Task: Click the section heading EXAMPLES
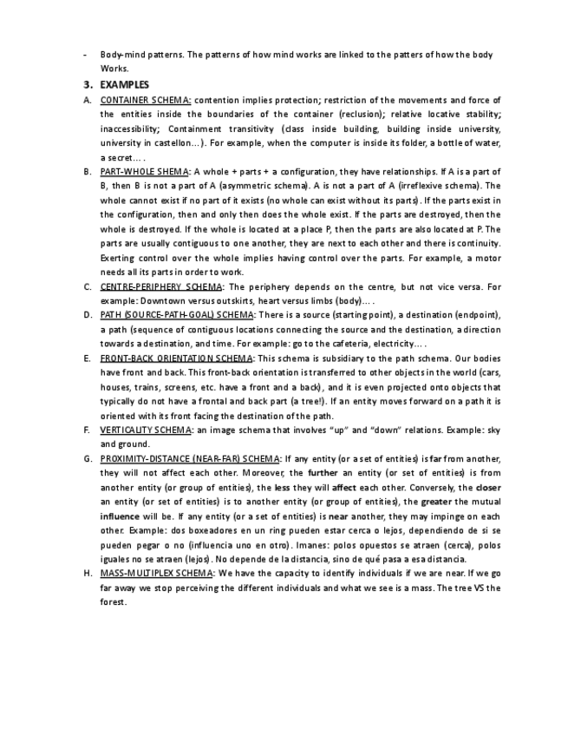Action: pyautogui.click(x=125, y=84)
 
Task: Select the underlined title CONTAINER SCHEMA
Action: pyautogui.click(x=146, y=100)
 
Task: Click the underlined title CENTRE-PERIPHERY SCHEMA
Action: pyautogui.click(x=161, y=286)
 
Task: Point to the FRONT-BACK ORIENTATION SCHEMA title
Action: pyautogui.click(x=177, y=358)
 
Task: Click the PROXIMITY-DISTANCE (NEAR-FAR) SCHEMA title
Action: pyautogui.click(x=190, y=458)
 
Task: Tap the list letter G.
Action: pyautogui.click(x=88, y=458)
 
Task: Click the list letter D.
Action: pyautogui.click(x=88, y=314)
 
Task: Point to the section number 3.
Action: pyautogui.click(x=88, y=84)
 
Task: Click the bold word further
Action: pyautogui.click(x=323, y=473)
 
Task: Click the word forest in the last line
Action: pyautogui.click(x=114, y=602)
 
